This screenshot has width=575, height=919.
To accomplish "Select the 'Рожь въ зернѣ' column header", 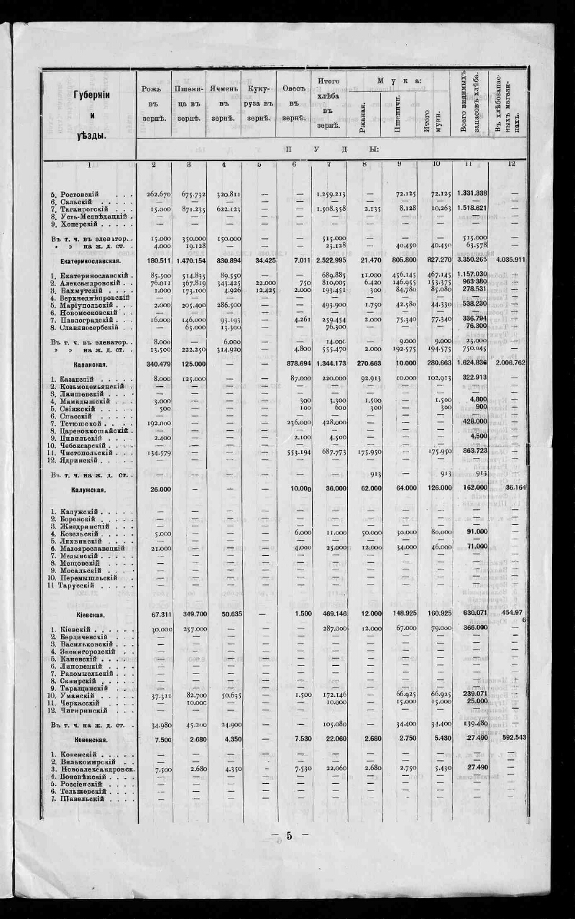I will [x=153, y=103].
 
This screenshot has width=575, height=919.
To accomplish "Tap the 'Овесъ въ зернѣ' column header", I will [x=294, y=103].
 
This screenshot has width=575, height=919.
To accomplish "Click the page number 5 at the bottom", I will [x=289, y=836].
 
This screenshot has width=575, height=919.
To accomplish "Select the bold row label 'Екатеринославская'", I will [x=88, y=260].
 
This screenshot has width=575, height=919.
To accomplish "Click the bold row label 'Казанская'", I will [x=88, y=365].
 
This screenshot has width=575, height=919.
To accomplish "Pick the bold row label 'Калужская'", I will [x=88, y=490].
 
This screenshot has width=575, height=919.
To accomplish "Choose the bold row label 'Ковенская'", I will [x=90, y=739].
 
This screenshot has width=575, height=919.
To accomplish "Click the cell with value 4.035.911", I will [x=510, y=260].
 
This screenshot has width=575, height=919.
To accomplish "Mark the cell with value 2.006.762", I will [x=510, y=364].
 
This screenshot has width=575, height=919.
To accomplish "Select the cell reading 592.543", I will [x=510, y=739].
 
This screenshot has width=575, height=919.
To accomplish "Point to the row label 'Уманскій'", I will [x=78, y=695].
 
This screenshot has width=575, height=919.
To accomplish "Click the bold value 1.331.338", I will [x=472, y=193].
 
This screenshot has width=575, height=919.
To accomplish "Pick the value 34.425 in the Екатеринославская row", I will [x=259, y=260].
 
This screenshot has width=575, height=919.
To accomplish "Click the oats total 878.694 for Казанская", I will [x=294, y=364].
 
